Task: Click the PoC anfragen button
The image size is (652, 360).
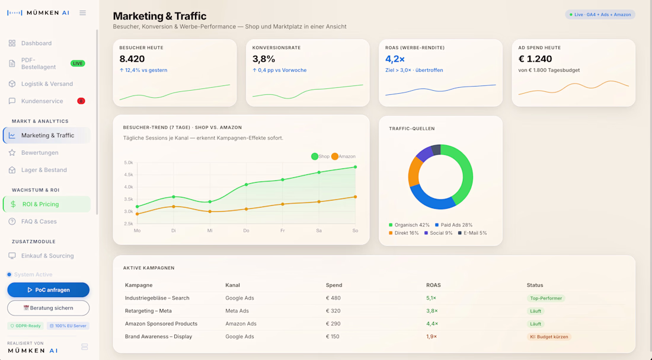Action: (48, 290)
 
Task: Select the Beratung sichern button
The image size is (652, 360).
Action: (48, 308)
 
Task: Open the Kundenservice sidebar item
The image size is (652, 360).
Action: (42, 101)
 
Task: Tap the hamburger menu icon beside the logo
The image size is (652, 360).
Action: (83, 13)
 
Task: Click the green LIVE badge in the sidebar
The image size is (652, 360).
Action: (78, 63)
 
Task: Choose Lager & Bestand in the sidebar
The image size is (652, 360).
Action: (44, 170)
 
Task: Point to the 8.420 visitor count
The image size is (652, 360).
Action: (132, 59)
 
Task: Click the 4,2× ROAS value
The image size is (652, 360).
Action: (395, 59)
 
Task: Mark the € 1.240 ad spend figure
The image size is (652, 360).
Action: (535, 59)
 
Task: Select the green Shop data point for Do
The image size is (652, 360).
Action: (246, 184)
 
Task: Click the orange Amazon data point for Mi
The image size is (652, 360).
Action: (210, 211)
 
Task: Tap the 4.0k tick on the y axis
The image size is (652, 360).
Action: (128, 187)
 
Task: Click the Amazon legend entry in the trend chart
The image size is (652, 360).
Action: (343, 157)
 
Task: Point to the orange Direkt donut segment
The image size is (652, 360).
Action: (414, 171)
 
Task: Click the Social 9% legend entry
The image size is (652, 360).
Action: (438, 233)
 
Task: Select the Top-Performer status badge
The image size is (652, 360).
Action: (546, 298)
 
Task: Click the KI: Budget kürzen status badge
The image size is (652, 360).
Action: (549, 337)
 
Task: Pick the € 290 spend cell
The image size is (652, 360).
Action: (333, 324)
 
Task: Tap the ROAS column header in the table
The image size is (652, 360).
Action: (433, 285)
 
